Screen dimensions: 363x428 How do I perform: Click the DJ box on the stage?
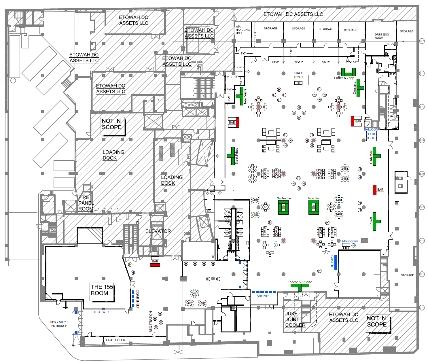coord(298,83)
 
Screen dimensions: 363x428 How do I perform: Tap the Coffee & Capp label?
coord(344,78)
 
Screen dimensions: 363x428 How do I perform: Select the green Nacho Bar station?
coord(283,207)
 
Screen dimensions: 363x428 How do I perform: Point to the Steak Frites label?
coord(237,156)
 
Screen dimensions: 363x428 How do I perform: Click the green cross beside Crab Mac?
coord(375,156)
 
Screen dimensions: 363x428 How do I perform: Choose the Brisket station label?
coord(371,221)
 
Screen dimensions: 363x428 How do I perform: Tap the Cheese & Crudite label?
coord(300,282)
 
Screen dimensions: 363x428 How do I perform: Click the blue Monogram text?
coord(350,241)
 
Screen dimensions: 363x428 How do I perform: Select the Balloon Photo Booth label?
coord(371,134)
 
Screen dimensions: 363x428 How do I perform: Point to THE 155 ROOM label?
coord(102,290)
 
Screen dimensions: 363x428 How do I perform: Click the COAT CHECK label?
coord(115,340)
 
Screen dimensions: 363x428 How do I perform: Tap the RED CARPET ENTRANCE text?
coord(59,324)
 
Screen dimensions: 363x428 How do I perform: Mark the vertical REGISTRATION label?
coord(151,322)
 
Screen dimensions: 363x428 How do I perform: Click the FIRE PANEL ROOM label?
coord(86,203)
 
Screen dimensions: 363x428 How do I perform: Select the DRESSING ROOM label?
coord(382,36)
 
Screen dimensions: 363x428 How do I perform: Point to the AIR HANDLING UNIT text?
coord(243,30)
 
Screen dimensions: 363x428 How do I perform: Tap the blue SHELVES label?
coord(263,296)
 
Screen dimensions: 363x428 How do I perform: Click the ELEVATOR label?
coord(158,231)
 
